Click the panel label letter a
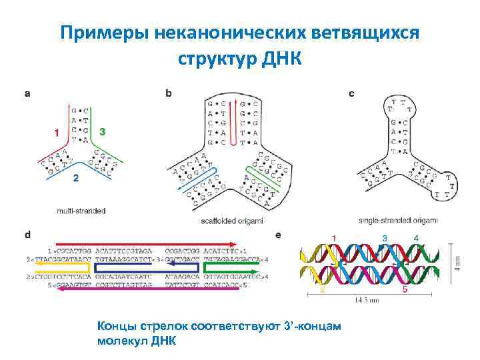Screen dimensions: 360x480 pyautogui.click(x=27, y=94)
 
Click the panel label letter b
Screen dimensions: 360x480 pyautogui.click(x=168, y=94)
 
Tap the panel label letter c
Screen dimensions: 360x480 pyautogui.click(x=351, y=94)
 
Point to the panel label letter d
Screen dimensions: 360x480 pyautogui.click(x=27, y=235)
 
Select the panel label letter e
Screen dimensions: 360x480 pyautogui.click(x=278, y=235)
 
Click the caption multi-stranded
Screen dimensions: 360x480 pyautogui.click(x=81, y=211)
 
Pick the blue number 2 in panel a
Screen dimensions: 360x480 pyautogui.click(x=75, y=178)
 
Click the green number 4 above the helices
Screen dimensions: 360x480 pyautogui.click(x=416, y=238)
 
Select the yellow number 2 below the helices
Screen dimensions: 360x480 pyautogui.click(x=323, y=291)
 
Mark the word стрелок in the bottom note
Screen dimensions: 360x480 pyautogui.click(x=165, y=326)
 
